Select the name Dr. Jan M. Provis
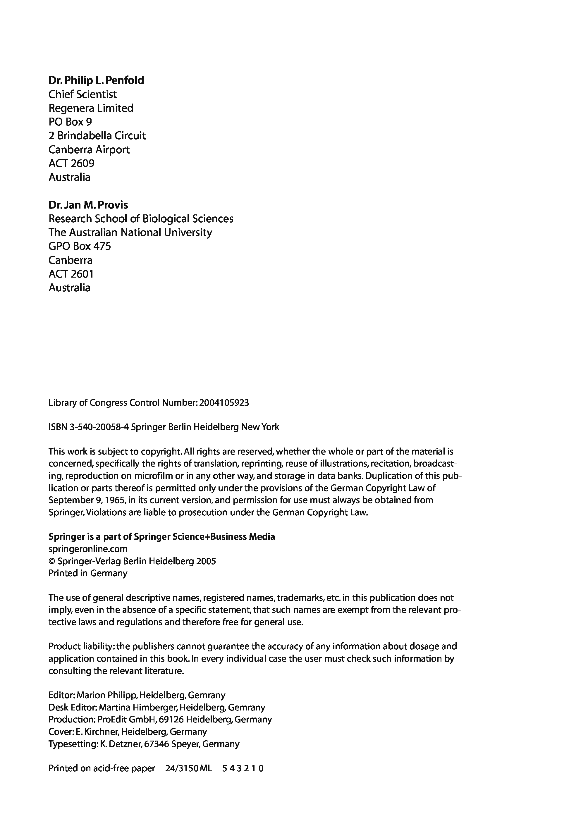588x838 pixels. pos(88,205)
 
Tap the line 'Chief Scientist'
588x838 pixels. pos(82,94)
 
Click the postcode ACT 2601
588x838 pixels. pos(71,274)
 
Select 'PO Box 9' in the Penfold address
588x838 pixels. pos(70,122)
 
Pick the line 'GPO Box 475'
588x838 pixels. pos(80,246)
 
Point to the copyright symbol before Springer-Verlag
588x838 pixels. pos(51,561)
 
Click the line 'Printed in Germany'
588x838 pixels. pos(88,573)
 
